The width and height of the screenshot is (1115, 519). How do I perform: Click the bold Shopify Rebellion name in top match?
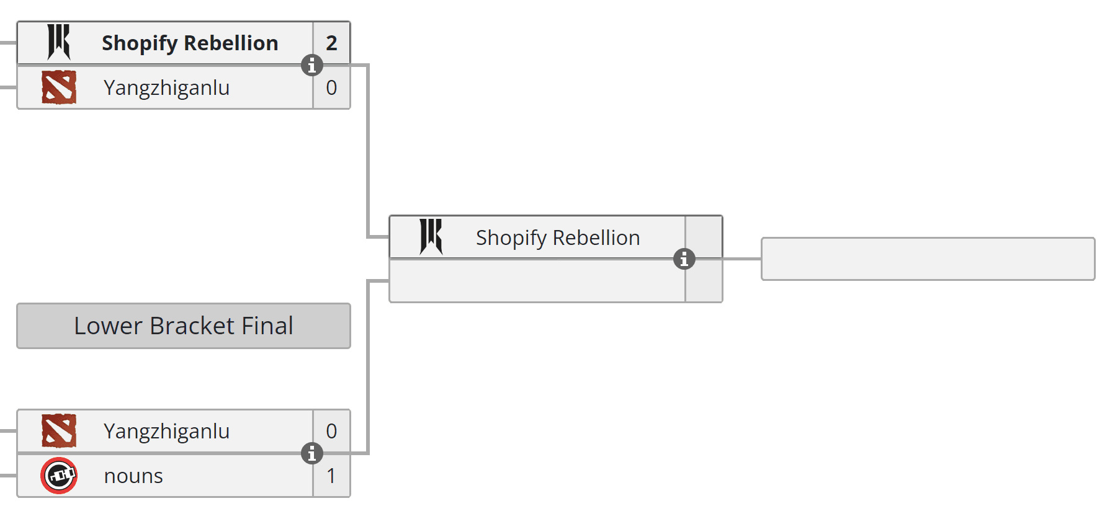click(x=190, y=43)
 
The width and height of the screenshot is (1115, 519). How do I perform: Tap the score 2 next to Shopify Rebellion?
click(x=331, y=43)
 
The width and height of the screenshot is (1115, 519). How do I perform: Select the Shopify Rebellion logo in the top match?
click(x=59, y=42)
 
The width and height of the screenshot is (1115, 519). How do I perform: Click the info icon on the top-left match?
click(x=312, y=65)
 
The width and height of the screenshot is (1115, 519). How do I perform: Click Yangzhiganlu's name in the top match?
click(x=166, y=88)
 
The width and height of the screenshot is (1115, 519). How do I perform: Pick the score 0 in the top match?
click(x=331, y=88)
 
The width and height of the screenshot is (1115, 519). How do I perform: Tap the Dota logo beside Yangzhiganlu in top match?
click(x=59, y=87)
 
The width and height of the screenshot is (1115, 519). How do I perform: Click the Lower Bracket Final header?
click(x=184, y=326)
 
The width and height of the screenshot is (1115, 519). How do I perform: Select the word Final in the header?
click(x=267, y=326)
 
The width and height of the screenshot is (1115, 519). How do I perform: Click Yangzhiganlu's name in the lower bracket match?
click(x=166, y=431)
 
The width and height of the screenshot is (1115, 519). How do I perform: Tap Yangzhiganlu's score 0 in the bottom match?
click(x=331, y=431)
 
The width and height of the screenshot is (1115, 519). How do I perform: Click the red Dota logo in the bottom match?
click(x=59, y=431)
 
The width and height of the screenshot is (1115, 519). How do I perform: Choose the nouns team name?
click(x=133, y=476)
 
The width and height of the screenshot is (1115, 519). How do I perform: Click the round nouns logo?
click(x=59, y=476)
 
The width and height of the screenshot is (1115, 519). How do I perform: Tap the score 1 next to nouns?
click(x=331, y=476)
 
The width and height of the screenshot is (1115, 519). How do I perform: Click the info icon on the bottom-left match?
click(x=312, y=453)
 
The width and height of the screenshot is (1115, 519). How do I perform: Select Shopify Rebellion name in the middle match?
click(x=557, y=238)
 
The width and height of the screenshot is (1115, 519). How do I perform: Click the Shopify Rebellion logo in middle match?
click(x=431, y=237)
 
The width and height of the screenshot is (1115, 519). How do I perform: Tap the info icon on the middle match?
click(x=684, y=259)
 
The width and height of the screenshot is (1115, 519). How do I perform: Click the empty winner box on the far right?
click(x=928, y=259)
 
